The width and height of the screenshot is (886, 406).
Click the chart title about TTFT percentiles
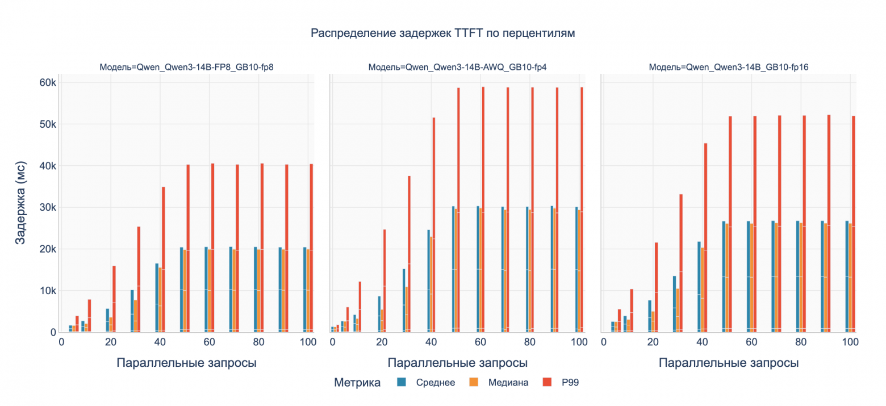(x=442, y=34)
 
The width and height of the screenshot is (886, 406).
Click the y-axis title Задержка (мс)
(x=20, y=207)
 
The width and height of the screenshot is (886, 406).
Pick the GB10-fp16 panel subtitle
(x=729, y=67)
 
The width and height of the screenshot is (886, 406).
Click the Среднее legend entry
(x=435, y=382)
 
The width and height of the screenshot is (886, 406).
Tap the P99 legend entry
(x=570, y=382)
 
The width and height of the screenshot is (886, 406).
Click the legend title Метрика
(x=357, y=382)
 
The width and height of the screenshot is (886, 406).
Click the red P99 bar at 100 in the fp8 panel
(x=312, y=248)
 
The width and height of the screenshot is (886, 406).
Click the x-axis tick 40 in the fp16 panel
(x=703, y=343)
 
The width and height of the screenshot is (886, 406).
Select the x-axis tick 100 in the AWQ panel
(x=579, y=343)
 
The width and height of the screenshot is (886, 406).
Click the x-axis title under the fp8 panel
(x=186, y=363)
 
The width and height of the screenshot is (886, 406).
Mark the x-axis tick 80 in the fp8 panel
(x=258, y=343)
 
